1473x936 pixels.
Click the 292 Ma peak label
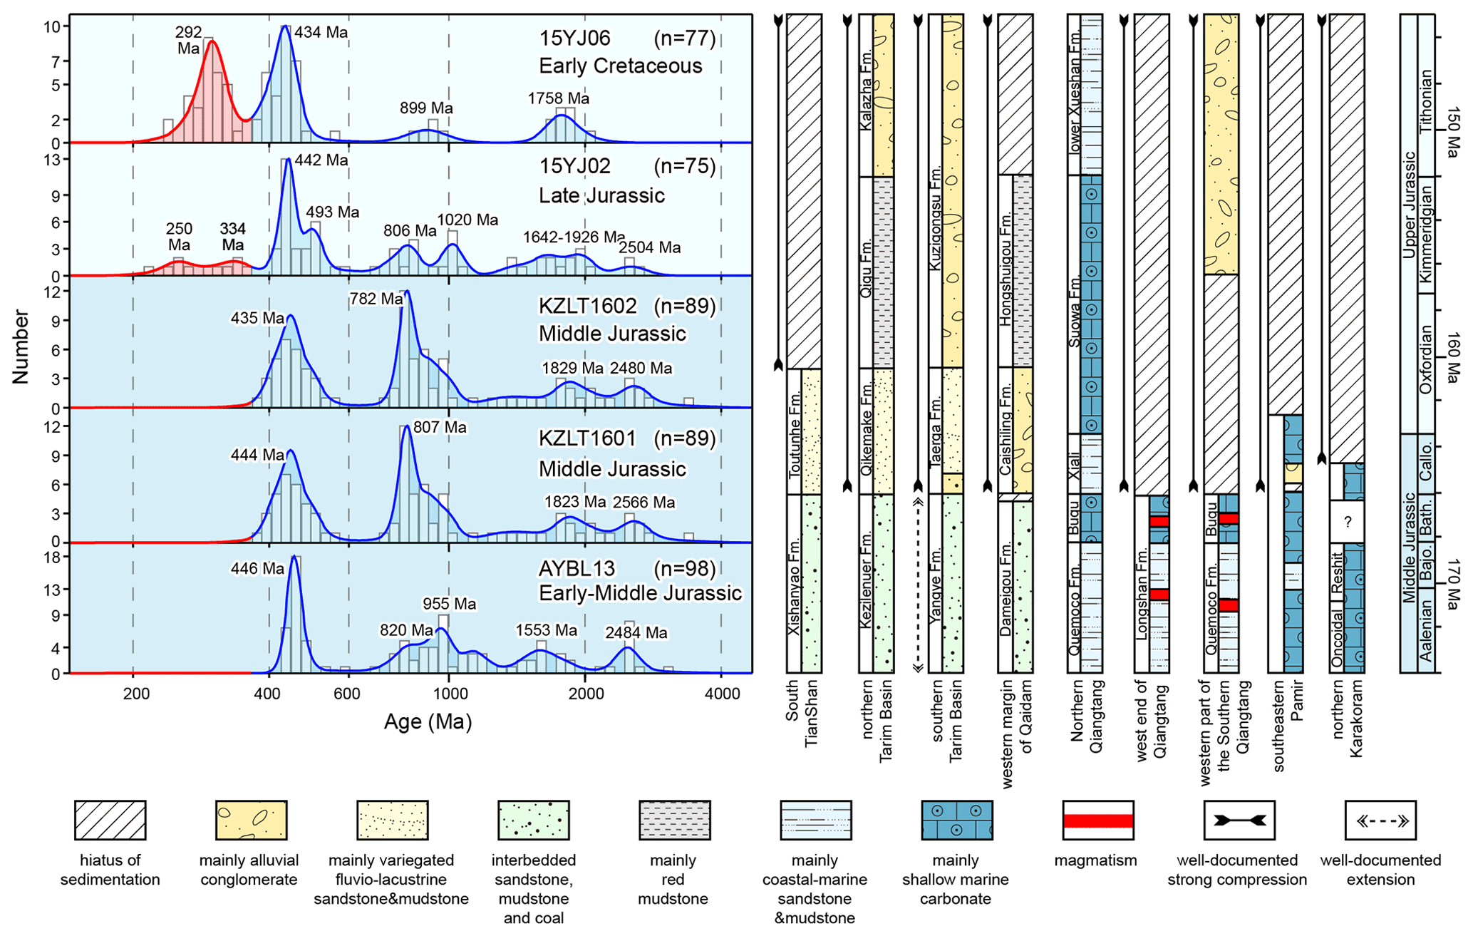tap(189, 41)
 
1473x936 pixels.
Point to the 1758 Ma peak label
tap(559, 99)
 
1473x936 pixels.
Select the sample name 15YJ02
tap(575, 166)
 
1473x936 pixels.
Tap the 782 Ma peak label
tap(376, 299)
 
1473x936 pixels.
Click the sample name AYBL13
tap(567, 569)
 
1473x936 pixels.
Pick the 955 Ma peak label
tap(449, 604)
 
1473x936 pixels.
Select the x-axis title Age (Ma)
tap(428, 722)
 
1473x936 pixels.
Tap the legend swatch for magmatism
tap(1097, 821)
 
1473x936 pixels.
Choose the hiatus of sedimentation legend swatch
tap(110, 820)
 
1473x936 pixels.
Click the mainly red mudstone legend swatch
tap(674, 820)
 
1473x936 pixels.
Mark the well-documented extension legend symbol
tap(1380, 821)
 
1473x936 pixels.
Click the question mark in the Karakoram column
tap(1347, 523)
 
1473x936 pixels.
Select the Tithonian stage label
tap(1426, 101)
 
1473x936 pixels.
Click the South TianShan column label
tap(802, 713)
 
